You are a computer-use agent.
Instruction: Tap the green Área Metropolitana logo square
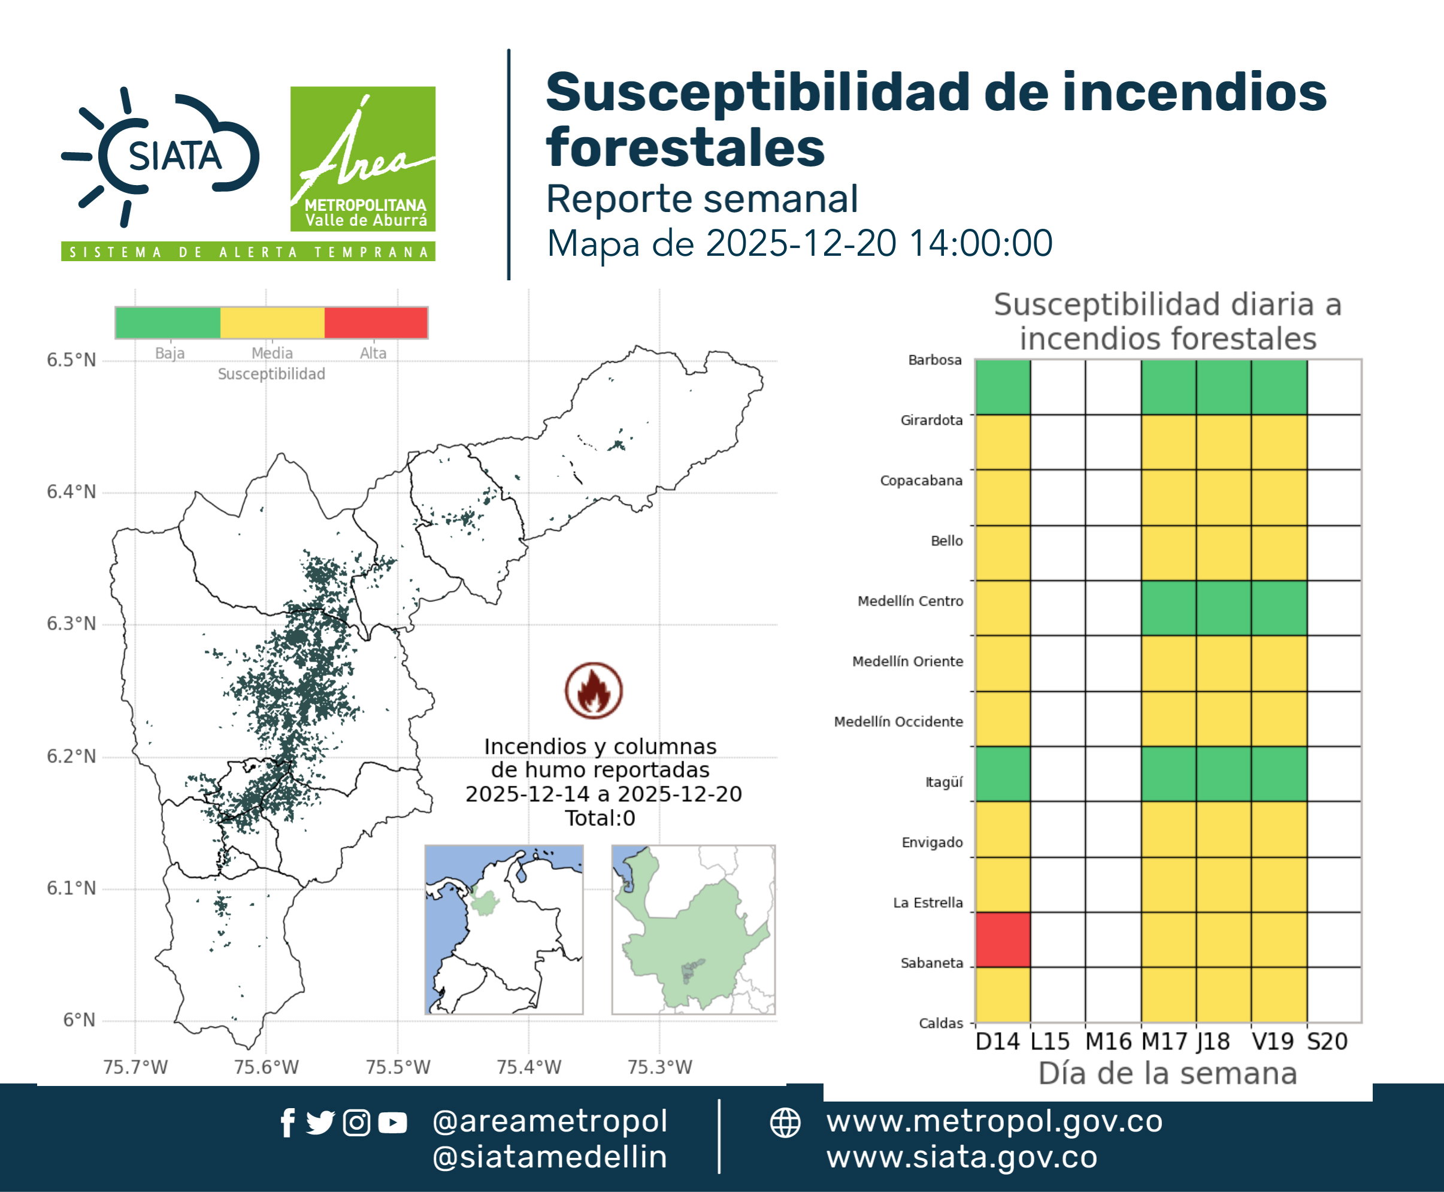(x=362, y=159)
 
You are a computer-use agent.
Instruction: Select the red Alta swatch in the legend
(x=376, y=323)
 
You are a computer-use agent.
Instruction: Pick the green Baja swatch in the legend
(x=168, y=323)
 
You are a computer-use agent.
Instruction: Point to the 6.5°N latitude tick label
(x=71, y=361)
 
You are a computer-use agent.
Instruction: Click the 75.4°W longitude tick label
(x=529, y=1067)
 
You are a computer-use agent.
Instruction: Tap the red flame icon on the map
(x=594, y=690)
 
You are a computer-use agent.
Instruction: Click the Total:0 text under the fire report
(x=600, y=818)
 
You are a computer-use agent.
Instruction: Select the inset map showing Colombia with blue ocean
(x=504, y=930)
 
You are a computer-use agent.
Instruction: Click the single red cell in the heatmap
(x=1003, y=939)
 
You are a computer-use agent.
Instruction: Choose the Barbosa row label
(x=934, y=360)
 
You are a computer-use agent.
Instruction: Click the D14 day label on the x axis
(x=998, y=1042)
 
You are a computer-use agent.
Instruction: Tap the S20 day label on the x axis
(x=1327, y=1042)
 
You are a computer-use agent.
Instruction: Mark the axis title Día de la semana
(x=1167, y=1073)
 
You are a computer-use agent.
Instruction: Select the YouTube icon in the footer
(x=392, y=1123)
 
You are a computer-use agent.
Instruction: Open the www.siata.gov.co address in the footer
(x=962, y=1157)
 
